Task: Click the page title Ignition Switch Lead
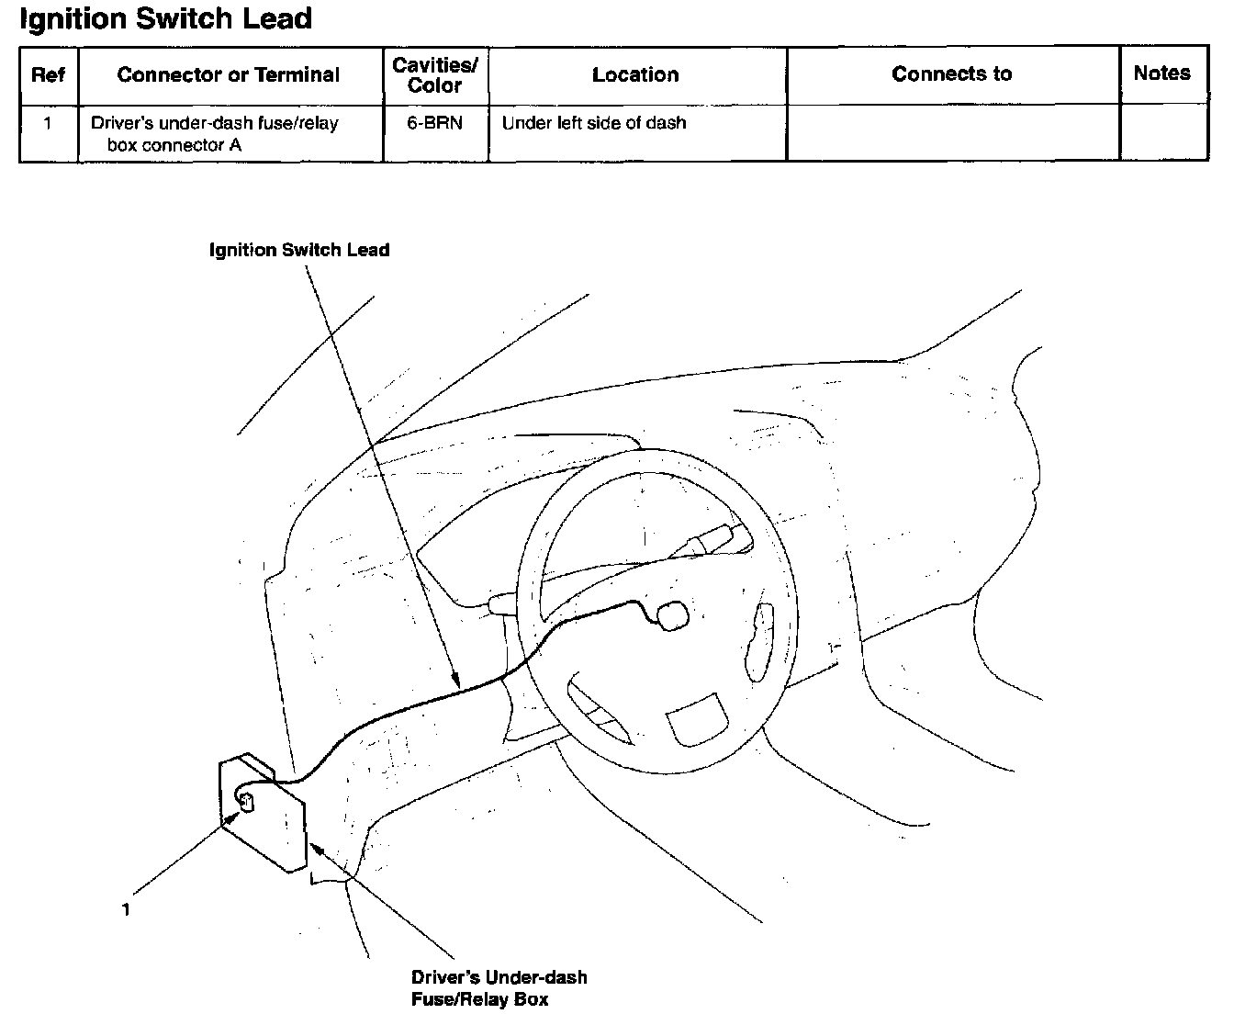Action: coord(166,18)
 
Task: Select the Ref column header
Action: coord(48,74)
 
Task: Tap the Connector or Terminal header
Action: coord(229,74)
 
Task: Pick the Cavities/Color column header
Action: coord(434,74)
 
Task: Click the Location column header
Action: coord(635,74)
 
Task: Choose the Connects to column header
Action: coord(951,73)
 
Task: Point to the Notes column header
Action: coord(1161,73)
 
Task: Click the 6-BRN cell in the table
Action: coord(434,123)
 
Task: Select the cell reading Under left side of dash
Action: coord(594,123)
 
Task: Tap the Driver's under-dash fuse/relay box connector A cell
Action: coord(214,133)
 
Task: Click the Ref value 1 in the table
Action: coord(48,123)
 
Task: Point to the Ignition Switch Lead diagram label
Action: coord(299,250)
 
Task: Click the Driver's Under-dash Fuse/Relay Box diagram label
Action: coord(499,988)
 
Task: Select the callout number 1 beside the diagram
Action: coord(126,909)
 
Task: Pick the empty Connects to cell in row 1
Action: coord(952,133)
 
